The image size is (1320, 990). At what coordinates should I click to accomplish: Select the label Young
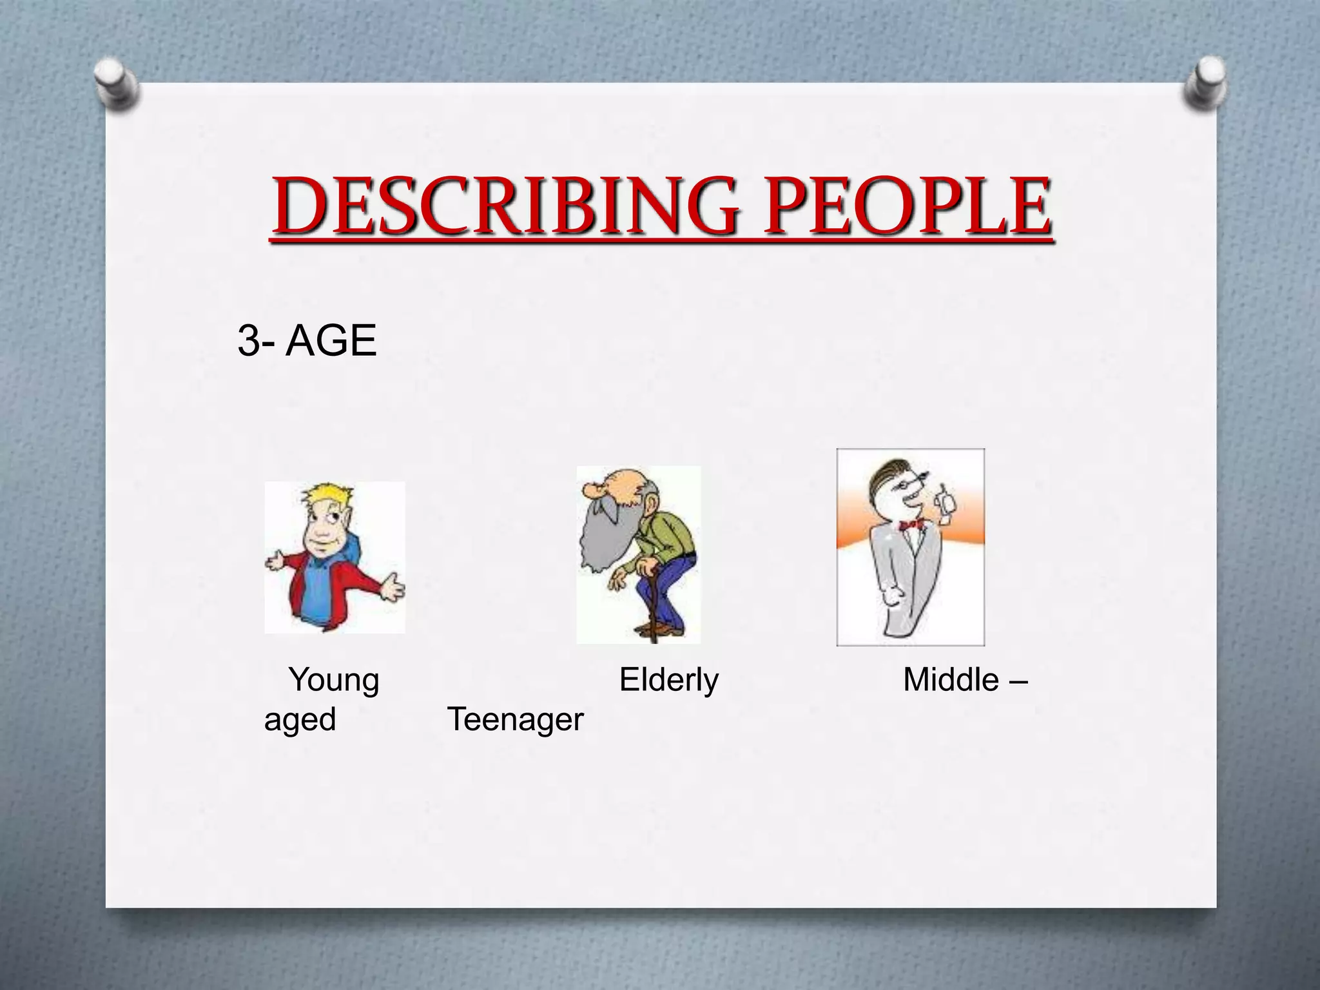point(334,681)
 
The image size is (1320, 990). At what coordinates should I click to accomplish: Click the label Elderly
point(668,679)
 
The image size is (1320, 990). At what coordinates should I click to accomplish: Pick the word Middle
point(951,679)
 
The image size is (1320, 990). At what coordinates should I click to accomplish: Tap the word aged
point(300,719)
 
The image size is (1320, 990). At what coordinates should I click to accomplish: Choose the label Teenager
point(515,719)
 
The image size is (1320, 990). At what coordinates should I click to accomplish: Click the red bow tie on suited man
point(911,525)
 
